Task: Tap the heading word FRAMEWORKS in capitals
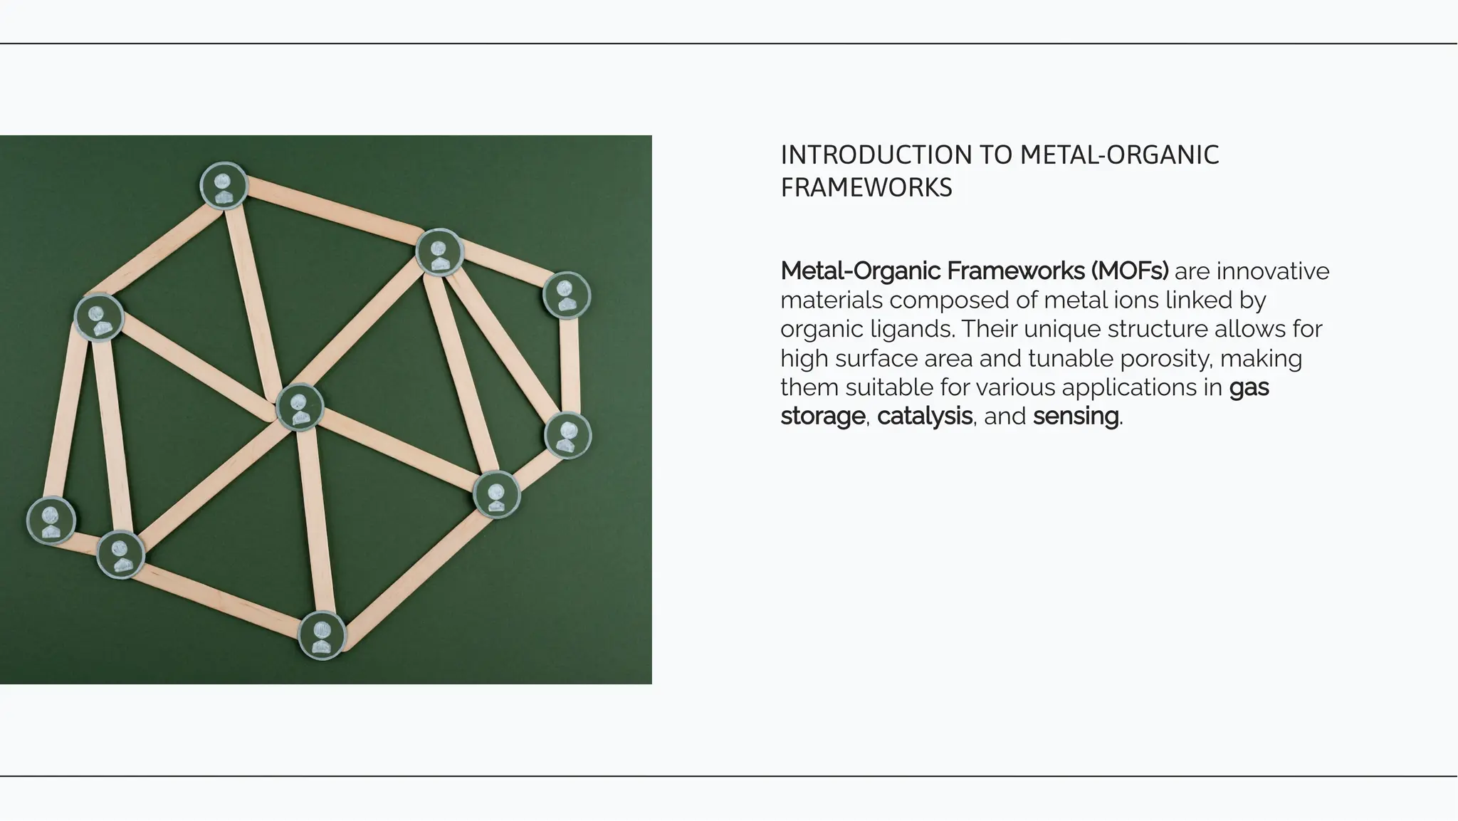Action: (x=866, y=188)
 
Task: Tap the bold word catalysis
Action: (x=924, y=417)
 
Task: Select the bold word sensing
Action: (x=1075, y=417)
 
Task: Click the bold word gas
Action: (x=1249, y=388)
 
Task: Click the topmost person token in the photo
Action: (x=224, y=186)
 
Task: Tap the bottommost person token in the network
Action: (x=322, y=636)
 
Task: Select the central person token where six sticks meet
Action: (x=300, y=407)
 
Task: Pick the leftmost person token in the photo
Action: (x=51, y=521)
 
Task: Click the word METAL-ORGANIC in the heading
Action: (x=1119, y=155)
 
